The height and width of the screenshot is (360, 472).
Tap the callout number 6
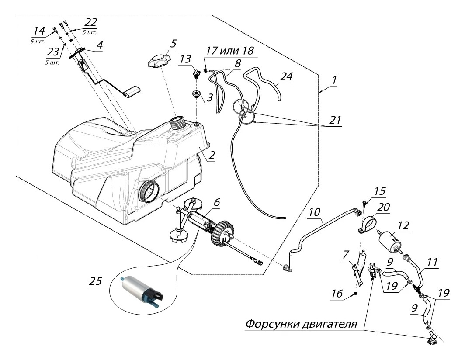click(x=217, y=203)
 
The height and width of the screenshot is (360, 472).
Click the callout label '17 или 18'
click(x=229, y=51)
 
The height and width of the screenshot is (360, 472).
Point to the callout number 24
click(x=286, y=76)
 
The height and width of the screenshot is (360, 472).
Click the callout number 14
click(x=39, y=31)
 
